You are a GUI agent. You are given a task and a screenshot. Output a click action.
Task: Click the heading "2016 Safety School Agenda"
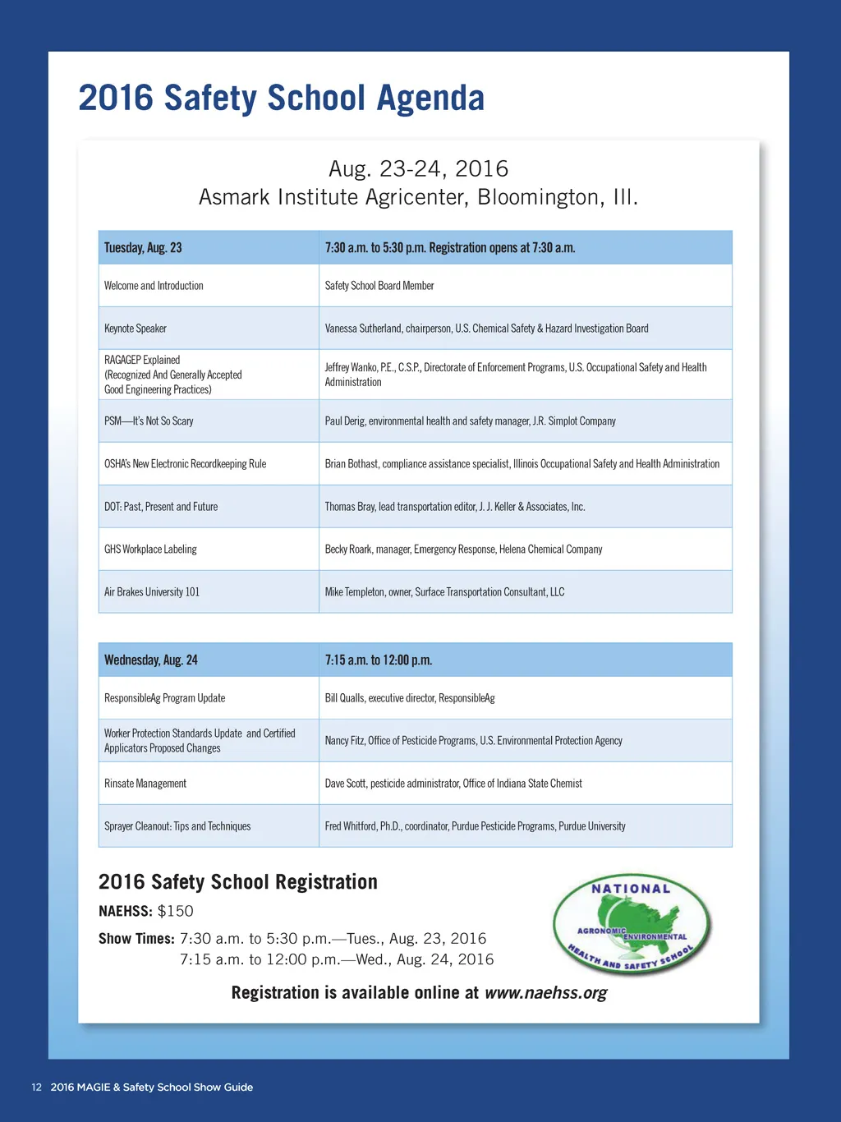281,98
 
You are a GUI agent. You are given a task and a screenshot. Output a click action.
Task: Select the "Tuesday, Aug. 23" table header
143,248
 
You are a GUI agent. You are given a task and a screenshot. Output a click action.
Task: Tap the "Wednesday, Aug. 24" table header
151,660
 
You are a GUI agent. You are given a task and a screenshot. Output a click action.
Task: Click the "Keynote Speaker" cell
136,329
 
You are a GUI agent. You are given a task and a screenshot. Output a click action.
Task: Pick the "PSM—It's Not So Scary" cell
149,421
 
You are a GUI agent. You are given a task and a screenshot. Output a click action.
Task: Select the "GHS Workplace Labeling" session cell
150,550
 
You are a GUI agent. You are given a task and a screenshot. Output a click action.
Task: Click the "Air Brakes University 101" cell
152,592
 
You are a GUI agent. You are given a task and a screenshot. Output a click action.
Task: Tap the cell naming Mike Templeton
444,592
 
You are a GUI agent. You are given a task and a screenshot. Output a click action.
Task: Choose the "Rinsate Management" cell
145,784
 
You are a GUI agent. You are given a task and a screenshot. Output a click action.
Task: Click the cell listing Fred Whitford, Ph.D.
475,826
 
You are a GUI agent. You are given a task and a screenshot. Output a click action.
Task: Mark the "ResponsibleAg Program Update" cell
164,698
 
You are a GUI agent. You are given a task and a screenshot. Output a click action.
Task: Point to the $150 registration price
176,911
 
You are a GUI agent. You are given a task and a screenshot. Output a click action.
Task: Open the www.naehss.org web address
545,993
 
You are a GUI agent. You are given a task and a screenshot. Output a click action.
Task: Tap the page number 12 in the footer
36,1088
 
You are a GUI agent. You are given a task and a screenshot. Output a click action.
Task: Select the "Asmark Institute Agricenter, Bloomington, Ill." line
418,198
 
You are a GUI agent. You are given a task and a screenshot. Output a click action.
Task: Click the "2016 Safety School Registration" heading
238,882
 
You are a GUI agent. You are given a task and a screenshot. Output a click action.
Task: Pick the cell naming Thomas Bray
454,507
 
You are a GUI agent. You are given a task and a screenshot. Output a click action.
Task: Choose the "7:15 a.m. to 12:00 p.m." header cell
379,660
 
